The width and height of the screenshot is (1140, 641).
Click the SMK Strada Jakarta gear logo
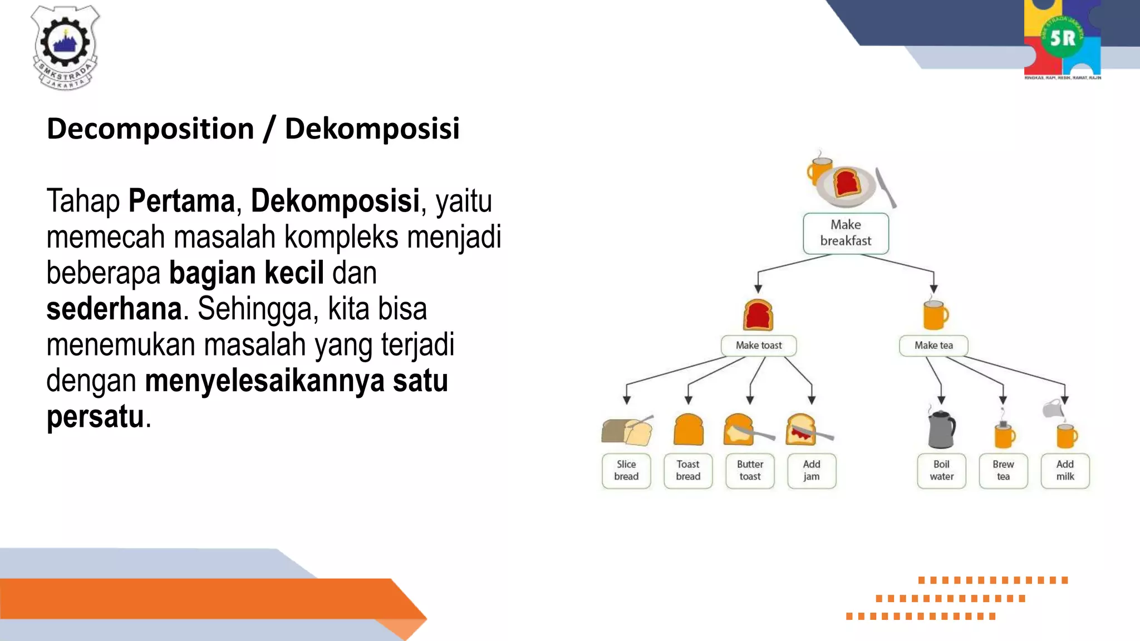[x=65, y=47]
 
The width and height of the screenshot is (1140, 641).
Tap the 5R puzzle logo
[x=1062, y=39]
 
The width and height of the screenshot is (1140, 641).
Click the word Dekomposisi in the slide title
[x=372, y=129]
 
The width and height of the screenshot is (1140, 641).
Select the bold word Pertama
[x=181, y=201]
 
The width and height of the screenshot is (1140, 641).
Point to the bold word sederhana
[x=114, y=309]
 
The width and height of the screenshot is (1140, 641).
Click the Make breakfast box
[x=846, y=233]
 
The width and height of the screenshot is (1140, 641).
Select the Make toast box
[x=758, y=346]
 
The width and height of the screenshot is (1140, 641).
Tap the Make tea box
[x=933, y=346]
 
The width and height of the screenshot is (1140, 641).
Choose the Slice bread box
[x=626, y=471]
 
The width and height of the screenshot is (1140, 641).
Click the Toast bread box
[x=688, y=471]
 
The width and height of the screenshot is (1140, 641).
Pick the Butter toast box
[x=750, y=471]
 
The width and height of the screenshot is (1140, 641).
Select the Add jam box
[x=812, y=471]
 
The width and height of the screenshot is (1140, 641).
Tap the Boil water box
[x=941, y=471]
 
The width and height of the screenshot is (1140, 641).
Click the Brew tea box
[x=1003, y=471]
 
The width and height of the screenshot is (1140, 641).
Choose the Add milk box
[x=1065, y=471]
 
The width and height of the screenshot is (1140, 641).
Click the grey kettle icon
[x=941, y=429]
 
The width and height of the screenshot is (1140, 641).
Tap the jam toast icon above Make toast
[x=758, y=315]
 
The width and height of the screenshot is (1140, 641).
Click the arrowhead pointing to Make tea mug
[x=933, y=289]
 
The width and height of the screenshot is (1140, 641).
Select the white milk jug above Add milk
[x=1053, y=409]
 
